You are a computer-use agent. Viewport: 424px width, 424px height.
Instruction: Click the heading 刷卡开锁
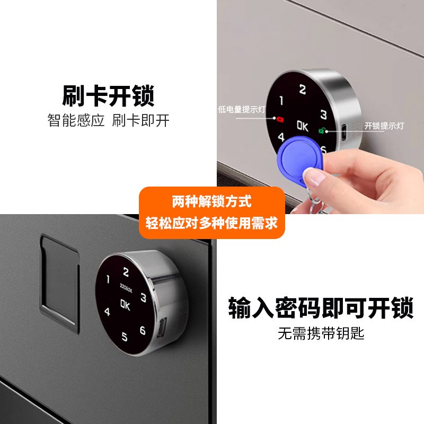click(108, 96)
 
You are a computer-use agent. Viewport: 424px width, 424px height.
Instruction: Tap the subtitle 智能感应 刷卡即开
click(108, 121)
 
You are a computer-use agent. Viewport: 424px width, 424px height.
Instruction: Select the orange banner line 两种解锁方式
click(211, 202)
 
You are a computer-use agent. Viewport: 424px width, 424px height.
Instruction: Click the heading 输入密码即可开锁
click(321, 308)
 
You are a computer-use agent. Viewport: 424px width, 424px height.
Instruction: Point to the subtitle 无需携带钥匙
click(321, 334)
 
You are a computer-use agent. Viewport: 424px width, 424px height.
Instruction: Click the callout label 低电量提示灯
click(242, 110)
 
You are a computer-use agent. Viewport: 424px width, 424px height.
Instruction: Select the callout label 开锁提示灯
click(384, 126)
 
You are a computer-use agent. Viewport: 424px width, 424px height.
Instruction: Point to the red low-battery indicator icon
click(280, 120)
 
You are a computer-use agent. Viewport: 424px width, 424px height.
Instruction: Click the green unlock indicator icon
click(321, 131)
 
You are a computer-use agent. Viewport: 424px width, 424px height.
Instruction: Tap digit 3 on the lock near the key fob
click(323, 114)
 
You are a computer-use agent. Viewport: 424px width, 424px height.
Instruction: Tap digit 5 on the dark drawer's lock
click(125, 336)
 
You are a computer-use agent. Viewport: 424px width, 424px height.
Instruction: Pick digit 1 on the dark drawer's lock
click(108, 279)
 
